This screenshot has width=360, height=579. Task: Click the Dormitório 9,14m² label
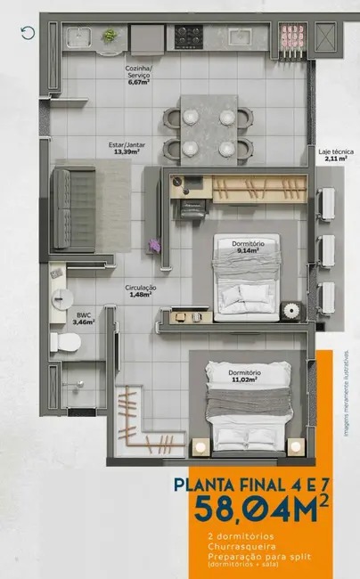[247, 247]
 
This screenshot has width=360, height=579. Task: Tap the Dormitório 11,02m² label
[242, 375]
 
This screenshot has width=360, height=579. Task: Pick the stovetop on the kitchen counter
[187, 37]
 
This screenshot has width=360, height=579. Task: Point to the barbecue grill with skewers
[290, 37]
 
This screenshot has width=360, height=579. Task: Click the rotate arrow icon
[28, 33]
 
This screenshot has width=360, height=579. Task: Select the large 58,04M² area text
[250, 515]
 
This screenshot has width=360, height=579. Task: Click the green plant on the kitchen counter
[110, 36]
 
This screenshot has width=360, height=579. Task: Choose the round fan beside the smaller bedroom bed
[290, 309]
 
